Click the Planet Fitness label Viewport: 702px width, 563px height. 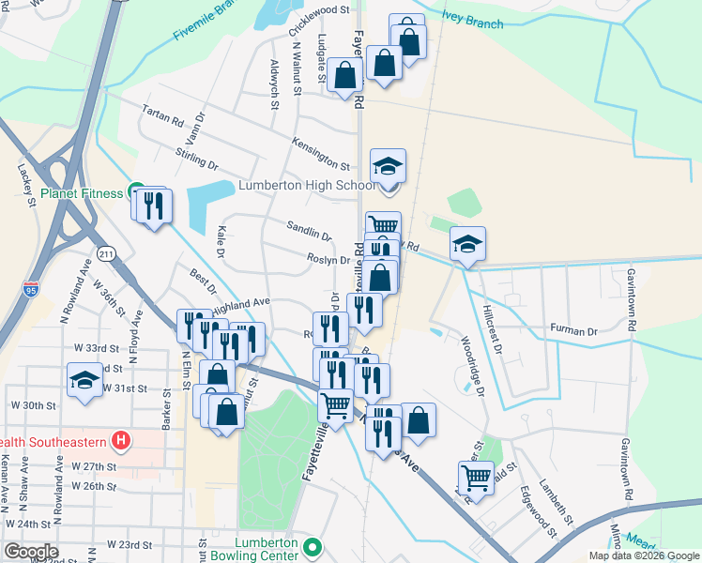82,193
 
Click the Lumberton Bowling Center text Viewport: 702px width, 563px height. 260,546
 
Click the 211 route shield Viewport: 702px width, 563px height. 106,253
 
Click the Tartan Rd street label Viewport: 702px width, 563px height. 162,114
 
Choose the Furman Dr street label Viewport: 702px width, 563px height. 573,331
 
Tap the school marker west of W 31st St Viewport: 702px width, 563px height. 85,382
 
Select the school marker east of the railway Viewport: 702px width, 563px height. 467,244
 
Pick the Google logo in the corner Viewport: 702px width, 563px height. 31,551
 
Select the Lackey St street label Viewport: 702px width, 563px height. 24,181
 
